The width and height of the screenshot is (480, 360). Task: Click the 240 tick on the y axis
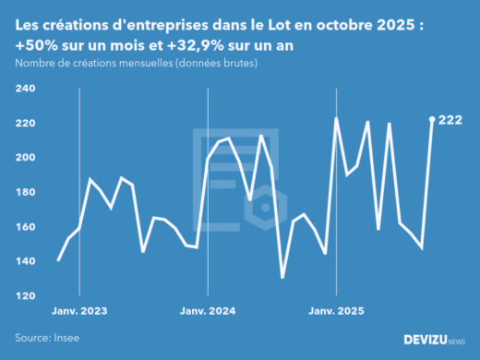(x=25, y=89)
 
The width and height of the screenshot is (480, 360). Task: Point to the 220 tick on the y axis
(x=25, y=123)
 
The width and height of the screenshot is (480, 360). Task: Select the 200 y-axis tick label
(x=25, y=158)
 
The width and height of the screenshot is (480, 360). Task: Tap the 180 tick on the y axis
(x=25, y=192)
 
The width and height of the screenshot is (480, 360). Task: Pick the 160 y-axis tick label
(x=25, y=227)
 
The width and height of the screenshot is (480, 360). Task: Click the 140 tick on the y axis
(x=25, y=261)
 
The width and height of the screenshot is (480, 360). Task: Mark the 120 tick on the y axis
(x=25, y=295)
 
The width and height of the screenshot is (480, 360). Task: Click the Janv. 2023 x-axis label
(x=79, y=311)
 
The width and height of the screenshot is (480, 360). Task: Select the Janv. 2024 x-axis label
(x=208, y=311)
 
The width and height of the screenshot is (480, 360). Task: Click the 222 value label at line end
(x=450, y=120)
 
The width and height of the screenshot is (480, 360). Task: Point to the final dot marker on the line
(x=432, y=119)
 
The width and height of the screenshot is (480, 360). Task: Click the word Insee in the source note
(x=64, y=338)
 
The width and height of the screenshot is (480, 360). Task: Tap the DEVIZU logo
(x=435, y=340)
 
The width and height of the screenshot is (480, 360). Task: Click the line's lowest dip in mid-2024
(x=282, y=277)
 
